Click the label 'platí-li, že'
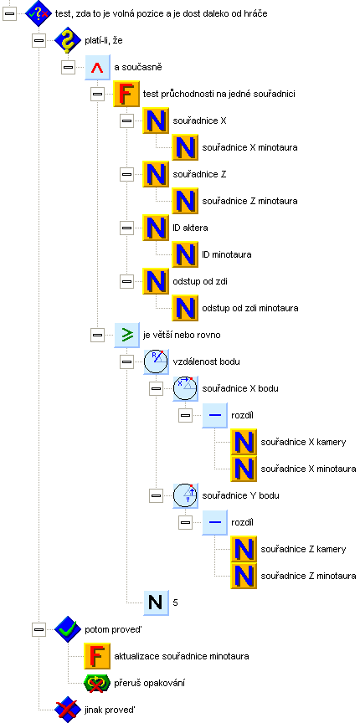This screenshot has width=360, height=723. tap(104, 40)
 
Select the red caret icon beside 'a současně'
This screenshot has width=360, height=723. tap(97, 67)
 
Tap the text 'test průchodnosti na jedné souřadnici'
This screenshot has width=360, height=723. tap(219, 94)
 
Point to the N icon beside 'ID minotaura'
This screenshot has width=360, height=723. tap(185, 254)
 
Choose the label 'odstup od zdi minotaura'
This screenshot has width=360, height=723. tap(250, 308)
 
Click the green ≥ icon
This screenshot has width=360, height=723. tap(126, 335)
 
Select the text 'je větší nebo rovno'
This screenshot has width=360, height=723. tap(182, 335)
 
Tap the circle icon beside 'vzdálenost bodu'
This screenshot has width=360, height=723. tap(156, 361)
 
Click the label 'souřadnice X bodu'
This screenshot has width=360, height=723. tap(240, 388)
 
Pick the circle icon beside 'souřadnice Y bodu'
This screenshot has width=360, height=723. tap(185, 495)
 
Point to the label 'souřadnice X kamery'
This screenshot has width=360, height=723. tap(303, 442)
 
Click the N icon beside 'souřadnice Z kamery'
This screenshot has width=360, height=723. tap(244, 549)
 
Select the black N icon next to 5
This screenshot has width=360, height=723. tap(156, 602)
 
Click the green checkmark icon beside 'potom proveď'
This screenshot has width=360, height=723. tap(68, 629)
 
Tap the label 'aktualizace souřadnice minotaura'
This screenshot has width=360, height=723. tap(182, 656)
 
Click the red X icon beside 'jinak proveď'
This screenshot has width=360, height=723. tap(68, 709)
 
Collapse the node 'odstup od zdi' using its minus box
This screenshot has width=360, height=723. tap(126, 281)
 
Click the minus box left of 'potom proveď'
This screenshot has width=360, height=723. tap(39, 629)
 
